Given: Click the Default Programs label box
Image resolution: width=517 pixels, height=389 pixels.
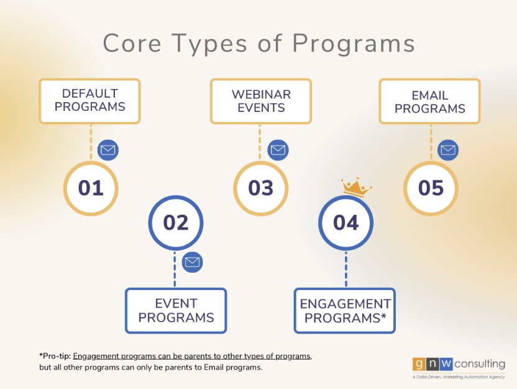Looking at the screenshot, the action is point(89,101).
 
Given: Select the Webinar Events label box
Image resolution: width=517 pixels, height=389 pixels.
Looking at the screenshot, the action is point(261,101).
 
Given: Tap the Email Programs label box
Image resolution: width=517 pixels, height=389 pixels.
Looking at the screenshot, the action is point(429,101).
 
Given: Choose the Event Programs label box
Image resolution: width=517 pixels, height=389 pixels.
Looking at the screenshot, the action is point(176,311).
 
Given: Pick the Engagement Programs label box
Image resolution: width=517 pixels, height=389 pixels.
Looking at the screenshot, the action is point(344,311).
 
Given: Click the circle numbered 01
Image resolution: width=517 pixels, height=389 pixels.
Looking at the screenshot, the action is point(91,188).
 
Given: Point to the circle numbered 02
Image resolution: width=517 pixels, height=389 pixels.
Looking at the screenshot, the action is point(176,223).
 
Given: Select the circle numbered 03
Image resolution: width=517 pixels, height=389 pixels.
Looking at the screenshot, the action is point(261,188).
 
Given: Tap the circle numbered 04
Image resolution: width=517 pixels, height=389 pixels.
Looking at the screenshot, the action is point(346,223).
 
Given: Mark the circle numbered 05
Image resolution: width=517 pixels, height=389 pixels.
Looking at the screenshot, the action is point(431,188).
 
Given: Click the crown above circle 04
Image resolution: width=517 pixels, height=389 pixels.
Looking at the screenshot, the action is point(356,187).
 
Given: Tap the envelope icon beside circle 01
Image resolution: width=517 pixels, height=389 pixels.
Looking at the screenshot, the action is point(108,150).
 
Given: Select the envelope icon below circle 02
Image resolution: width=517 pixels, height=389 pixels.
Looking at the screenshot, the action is point(192,262).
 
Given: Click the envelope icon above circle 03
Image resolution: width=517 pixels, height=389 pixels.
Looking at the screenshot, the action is point(278,150).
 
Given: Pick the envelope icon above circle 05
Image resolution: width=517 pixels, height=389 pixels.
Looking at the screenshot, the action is point(448,150).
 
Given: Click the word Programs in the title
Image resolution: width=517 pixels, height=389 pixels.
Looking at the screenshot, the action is point(354,44).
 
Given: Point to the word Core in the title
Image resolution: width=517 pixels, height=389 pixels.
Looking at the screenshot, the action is point(132,43).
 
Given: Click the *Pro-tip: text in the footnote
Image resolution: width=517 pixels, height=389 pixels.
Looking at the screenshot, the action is point(55,356).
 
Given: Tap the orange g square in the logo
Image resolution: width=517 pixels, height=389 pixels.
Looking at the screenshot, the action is point(419,364).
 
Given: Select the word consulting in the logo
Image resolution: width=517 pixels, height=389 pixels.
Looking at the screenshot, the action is point(480,364).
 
